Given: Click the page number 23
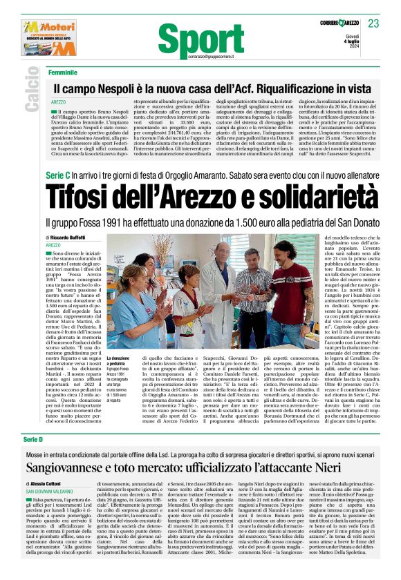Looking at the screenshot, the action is point(373,23).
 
